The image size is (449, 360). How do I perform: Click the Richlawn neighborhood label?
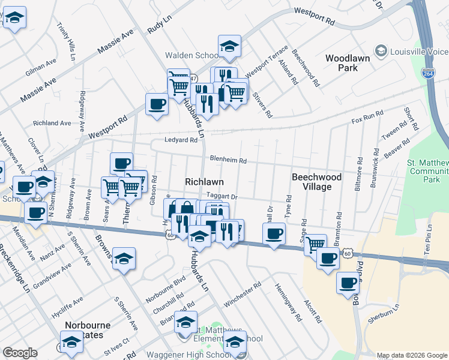click(205, 181)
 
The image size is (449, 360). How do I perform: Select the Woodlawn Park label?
click(350, 63)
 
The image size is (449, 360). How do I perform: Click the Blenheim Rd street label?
click(228, 161)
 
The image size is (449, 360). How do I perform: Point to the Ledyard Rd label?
click(181, 140)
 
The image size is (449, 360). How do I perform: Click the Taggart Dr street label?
click(222, 196)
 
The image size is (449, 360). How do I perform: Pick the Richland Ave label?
click(52, 123)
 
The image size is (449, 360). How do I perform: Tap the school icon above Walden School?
click(229, 47)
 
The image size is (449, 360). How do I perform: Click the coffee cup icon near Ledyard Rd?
click(157, 104)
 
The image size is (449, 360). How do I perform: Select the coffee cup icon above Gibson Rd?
click(121, 163)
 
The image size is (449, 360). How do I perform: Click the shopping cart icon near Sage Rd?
click(315, 244)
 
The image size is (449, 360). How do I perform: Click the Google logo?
click(20, 353)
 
